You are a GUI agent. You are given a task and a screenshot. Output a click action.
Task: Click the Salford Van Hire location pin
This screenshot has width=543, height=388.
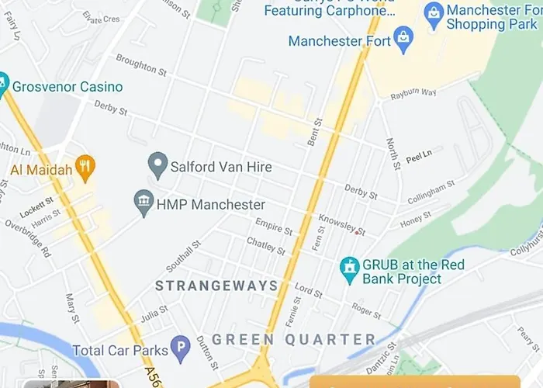(158, 165)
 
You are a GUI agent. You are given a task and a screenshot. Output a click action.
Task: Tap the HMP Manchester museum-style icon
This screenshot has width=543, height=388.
(143, 204)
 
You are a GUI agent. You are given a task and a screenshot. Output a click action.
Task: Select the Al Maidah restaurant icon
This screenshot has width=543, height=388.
(86, 168)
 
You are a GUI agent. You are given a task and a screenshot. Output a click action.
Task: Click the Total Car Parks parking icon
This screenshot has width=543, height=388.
(180, 351)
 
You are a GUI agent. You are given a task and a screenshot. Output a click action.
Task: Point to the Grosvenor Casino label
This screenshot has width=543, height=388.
(67, 86)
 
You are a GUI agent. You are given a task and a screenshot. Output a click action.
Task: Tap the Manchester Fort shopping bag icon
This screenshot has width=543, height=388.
(403, 40)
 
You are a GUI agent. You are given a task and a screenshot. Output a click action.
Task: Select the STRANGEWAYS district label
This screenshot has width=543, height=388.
(216, 286)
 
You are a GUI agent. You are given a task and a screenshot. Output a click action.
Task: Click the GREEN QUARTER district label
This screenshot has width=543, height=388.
(294, 340)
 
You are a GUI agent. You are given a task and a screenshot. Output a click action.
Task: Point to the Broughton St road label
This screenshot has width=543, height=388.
(141, 65)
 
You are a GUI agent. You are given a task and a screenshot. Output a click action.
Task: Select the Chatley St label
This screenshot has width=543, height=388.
(266, 247)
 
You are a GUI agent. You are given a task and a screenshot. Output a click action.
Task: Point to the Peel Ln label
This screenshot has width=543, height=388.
(418, 158)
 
